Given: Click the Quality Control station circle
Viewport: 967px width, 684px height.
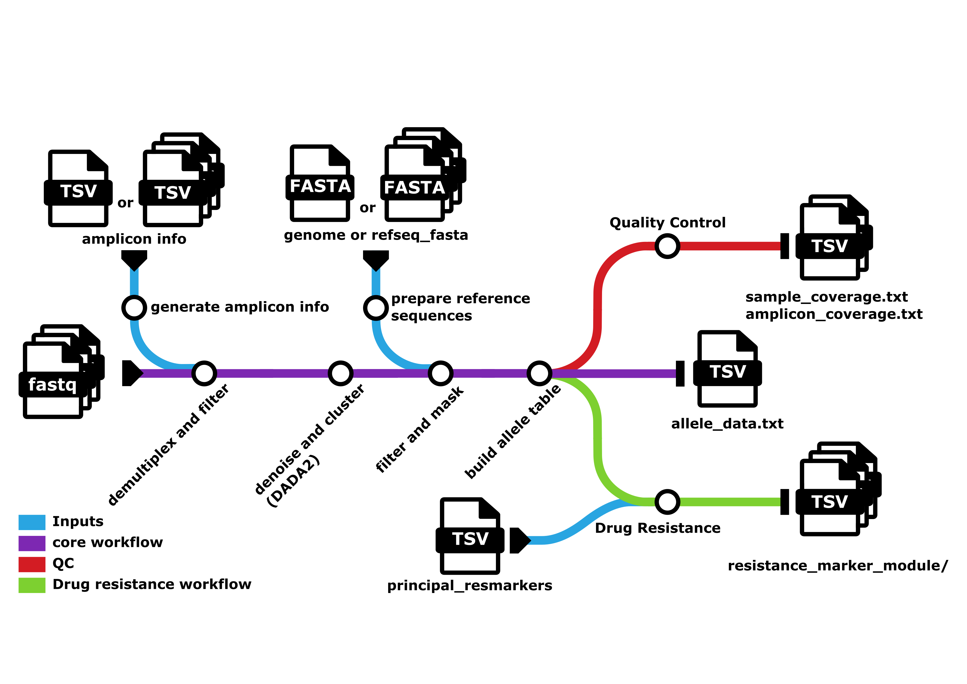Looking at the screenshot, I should (667, 246).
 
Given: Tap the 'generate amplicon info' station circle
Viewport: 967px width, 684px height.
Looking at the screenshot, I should (134, 308).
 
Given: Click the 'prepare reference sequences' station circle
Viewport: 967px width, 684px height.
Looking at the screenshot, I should (376, 308).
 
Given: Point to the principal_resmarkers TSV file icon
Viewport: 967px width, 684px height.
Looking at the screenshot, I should (470, 536).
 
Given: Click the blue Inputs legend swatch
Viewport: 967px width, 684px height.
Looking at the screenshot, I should (32, 522).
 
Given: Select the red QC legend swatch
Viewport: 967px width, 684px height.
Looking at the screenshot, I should (32, 564).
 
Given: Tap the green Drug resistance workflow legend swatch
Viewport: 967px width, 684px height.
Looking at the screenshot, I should (32, 585).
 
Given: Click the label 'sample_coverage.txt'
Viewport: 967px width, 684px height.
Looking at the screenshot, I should (826, 297).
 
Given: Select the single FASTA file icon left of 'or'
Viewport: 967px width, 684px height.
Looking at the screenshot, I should (320, 184).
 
